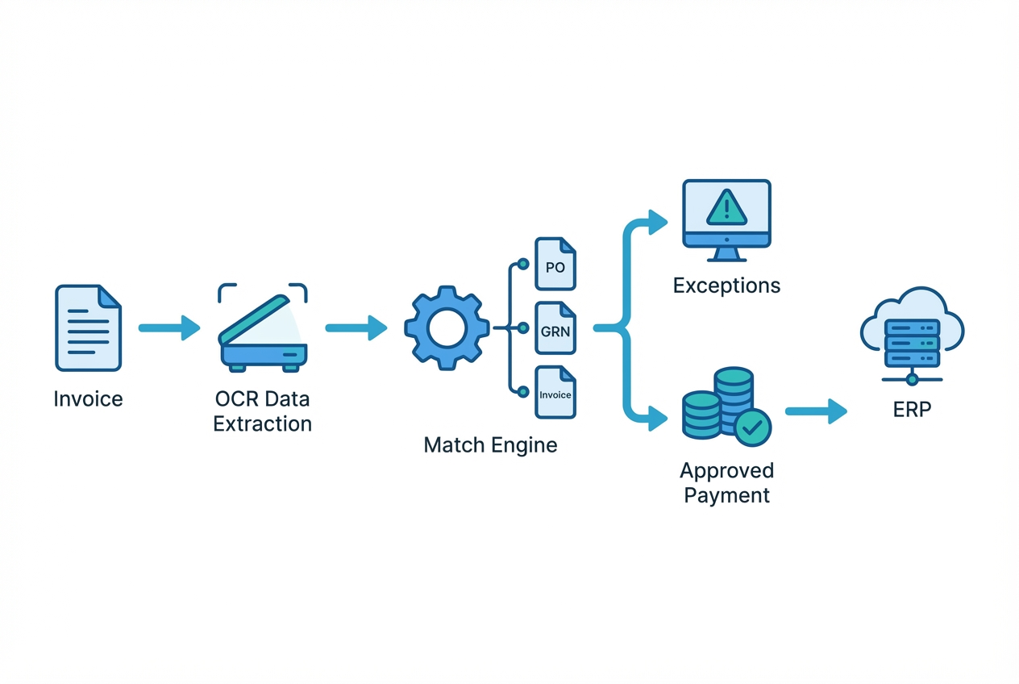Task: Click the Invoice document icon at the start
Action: point(88,327)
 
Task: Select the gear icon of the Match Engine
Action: point(447,327)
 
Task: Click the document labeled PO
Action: point(555,264)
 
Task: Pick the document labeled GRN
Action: point(555,329)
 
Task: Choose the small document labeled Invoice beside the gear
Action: point(555,393)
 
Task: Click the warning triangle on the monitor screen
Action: point(727,206)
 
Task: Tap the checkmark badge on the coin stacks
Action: point(753,427)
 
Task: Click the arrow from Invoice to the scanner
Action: point(168,327)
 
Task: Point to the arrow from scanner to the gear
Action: point(356,327)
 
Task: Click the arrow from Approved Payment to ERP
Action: point(815,411)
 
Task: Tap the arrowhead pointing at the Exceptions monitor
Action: point(658,221)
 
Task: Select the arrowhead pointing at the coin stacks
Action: point(658,419)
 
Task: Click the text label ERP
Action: point(912,409)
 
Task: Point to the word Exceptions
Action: point(726,286)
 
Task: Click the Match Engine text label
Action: point(490,445)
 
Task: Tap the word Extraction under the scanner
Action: point(262,423)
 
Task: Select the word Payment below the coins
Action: point(726,494)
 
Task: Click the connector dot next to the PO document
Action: point(522,264)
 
